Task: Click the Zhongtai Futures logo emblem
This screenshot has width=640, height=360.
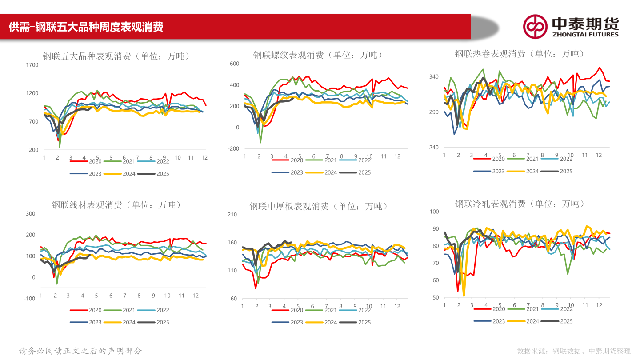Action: tap(535, 27)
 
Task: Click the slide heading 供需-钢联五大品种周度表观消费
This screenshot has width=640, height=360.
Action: tap(86, 27)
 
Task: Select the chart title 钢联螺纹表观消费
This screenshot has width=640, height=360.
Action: tap(318, 55)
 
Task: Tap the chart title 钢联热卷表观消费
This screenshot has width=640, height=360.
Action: tap(519, 54)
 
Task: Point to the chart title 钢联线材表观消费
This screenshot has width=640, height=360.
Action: tap(116, 205)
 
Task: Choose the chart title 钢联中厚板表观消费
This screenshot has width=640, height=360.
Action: tap(318, 206)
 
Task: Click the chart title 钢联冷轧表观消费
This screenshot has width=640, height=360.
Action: tap(519, 204)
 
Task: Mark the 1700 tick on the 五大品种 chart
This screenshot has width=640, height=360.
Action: tap(32, 65)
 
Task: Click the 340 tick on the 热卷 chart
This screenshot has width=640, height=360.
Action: tap(434, 77)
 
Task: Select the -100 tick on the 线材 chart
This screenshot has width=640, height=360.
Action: tap(29, 299)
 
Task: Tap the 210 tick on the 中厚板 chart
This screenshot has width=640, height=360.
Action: tap(232, 215)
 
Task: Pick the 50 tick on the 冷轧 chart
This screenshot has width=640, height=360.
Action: tap(435, 298)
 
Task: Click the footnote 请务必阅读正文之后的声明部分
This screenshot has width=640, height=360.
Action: tap(81, 351)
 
